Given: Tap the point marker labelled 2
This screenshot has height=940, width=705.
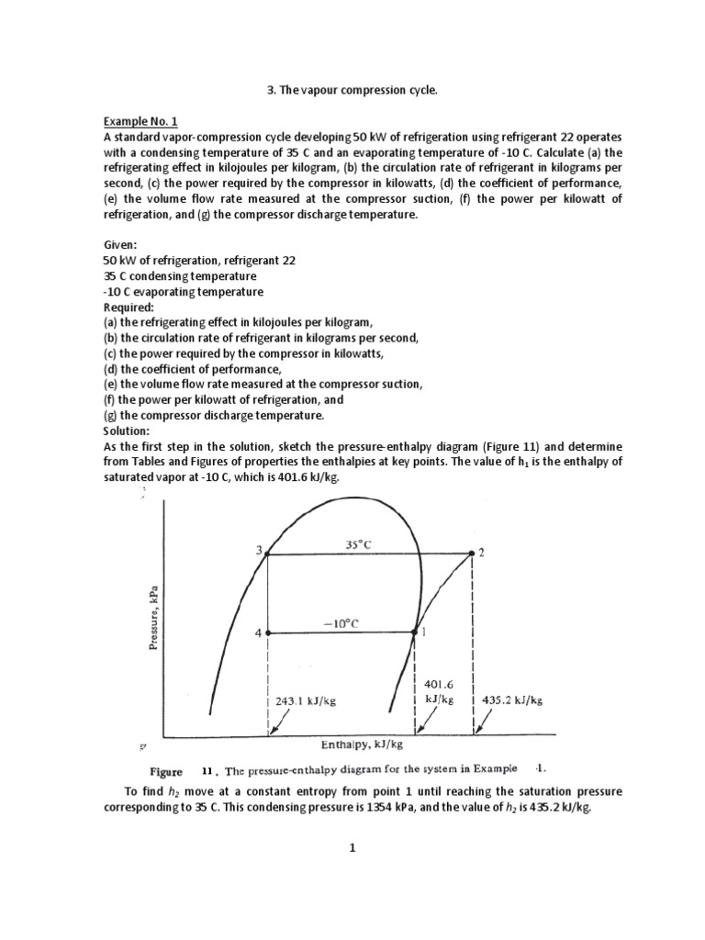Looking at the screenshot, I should (471, 553).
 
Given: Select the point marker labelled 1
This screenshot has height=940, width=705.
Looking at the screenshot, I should (414, 632).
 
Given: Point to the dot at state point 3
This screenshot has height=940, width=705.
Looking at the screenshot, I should (267, 553).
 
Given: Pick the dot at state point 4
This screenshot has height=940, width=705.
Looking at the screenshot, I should (267, 632).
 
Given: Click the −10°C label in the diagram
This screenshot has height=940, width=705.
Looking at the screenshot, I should (340, 622).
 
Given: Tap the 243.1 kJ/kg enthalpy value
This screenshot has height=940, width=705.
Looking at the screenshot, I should (306, 699).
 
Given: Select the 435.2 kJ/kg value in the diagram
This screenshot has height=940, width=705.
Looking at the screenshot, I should (512, 699).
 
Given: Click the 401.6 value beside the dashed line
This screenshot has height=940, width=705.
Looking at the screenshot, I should (439, 684).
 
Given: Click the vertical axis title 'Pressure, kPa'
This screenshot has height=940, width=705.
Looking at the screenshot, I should (154, 618).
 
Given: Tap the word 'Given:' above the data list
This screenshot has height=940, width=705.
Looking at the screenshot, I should (120, 245).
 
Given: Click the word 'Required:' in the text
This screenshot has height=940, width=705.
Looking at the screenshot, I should (129, 307).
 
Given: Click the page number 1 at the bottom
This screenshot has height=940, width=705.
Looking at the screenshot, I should (352, 847).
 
